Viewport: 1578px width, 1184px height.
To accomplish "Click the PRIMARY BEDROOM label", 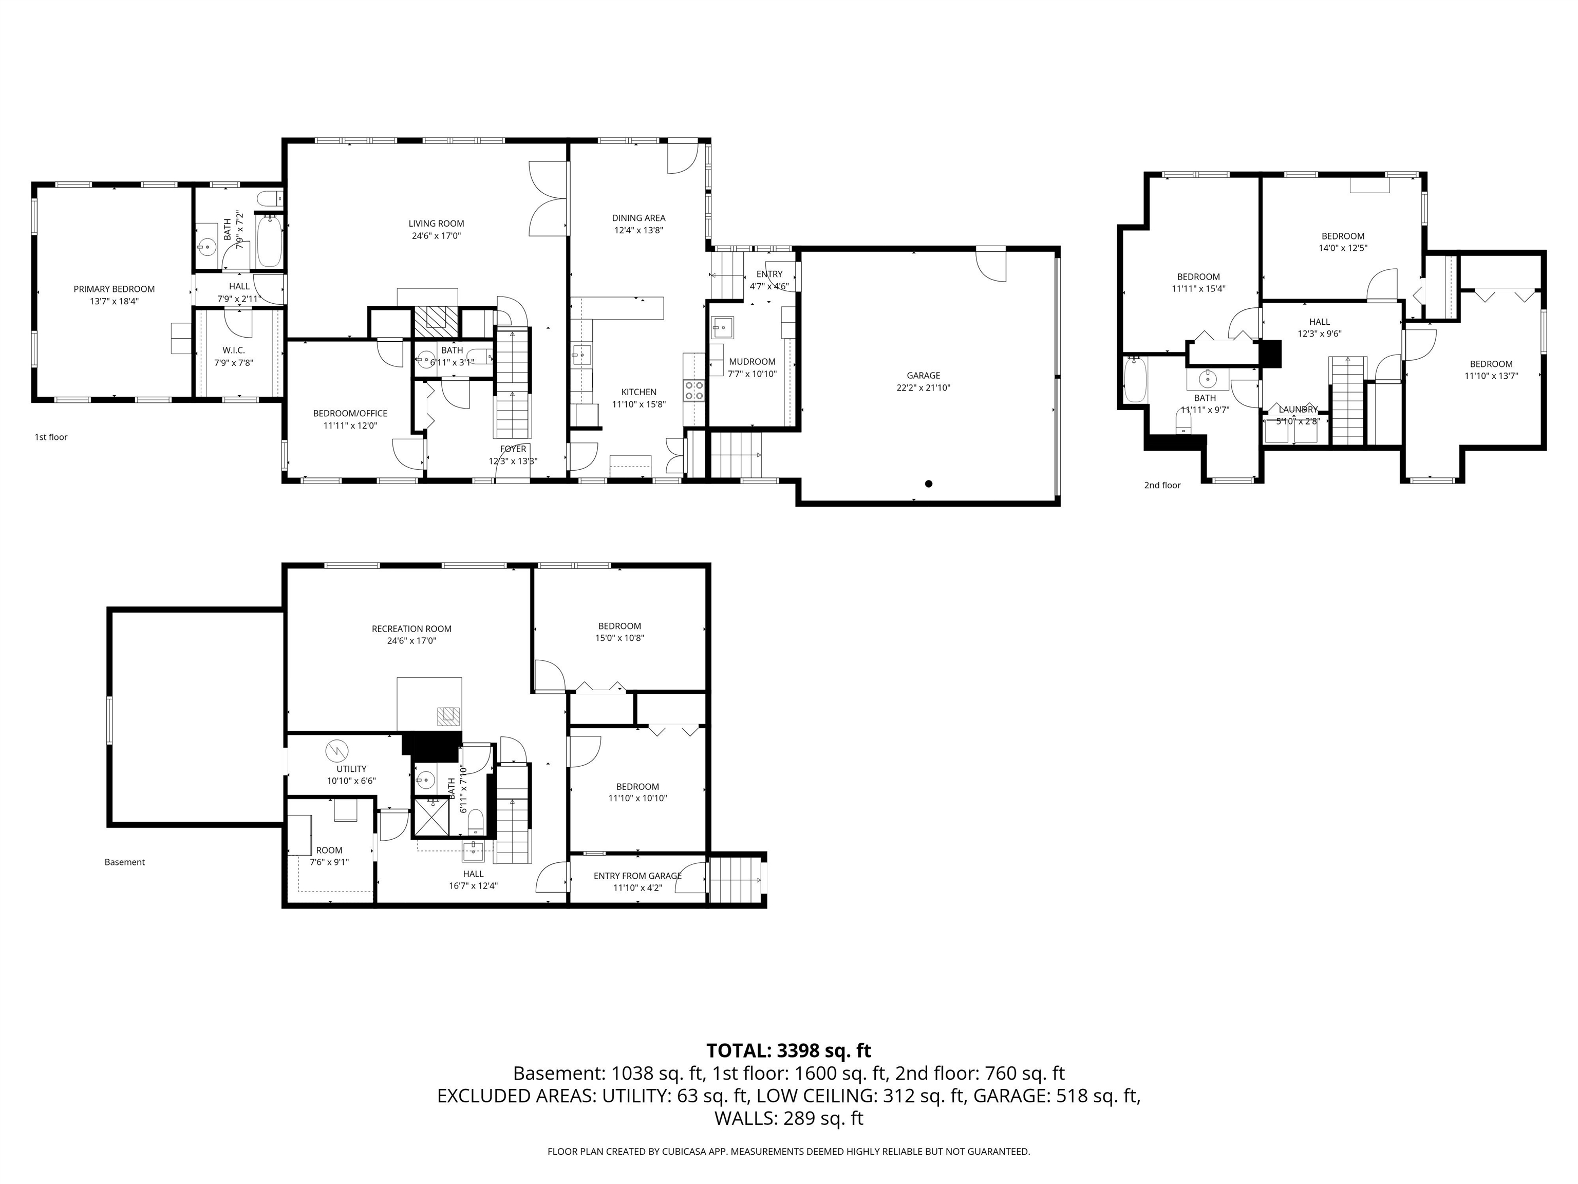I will tap(114, 289).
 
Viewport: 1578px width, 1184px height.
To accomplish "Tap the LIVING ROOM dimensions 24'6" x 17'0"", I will tap(436, 235).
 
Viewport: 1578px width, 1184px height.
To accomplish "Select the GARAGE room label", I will tap(923, 376).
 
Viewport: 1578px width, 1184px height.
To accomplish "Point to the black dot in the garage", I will tap(928, 484).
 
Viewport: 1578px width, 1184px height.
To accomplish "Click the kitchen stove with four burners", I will tap(694, 391).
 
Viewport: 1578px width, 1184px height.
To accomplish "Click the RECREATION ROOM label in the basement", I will tap(411, 629).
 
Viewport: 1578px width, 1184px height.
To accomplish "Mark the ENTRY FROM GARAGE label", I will tap(637, 876).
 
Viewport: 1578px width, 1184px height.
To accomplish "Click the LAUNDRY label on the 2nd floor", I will tap(1298, 410).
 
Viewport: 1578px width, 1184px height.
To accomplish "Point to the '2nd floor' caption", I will tap(1162, 485).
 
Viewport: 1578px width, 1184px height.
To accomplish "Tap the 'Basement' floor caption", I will tap(124, 862).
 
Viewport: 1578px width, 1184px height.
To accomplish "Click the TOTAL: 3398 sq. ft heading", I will tap(788, 1050).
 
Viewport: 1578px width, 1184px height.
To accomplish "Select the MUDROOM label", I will tap(752, 362).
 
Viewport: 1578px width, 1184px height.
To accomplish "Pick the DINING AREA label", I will tap(638, 218).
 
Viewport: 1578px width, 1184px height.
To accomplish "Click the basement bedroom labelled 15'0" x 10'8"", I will tap(619, 632).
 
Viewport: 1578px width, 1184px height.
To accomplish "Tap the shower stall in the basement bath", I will tap(433, 817).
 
